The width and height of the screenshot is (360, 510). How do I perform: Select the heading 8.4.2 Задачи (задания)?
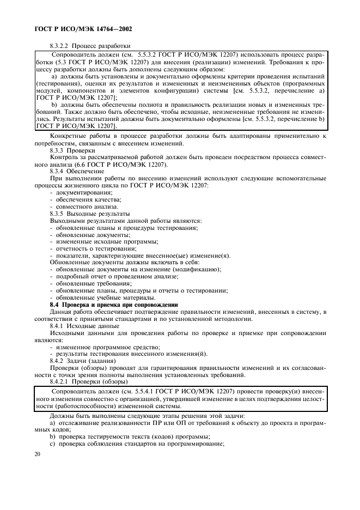tap(82, 361)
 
